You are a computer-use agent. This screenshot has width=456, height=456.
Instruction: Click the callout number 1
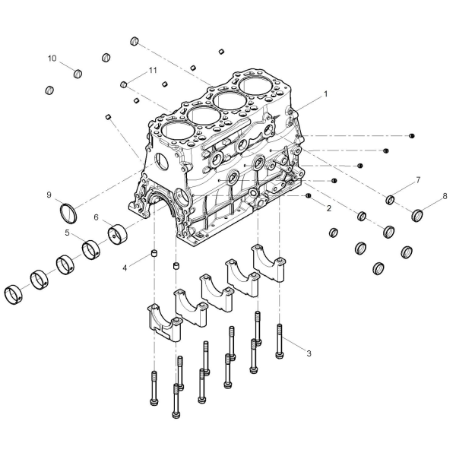tap(326, 94)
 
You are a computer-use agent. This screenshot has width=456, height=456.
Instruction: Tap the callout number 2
tap(329, 208)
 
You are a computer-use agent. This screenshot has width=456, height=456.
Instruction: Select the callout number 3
tap(309, 353)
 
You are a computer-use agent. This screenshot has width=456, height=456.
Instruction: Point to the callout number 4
tap(125, 268)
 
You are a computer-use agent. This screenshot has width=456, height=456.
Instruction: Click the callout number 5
tap(67, 233)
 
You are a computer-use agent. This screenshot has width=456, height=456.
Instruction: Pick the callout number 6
tap(97, 217)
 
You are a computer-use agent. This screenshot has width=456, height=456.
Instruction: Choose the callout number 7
tap(418, 180)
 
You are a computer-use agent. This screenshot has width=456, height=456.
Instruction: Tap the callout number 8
tap(445, 196)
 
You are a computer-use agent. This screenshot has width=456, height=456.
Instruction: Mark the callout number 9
tap(49, 195)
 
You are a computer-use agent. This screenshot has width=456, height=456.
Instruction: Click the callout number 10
tap(52, 59)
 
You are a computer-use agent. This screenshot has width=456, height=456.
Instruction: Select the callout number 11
tap(153, 71)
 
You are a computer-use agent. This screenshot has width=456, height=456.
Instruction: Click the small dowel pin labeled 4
tap(154, 253)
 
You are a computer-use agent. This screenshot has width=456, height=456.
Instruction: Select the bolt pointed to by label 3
tap(279, 341)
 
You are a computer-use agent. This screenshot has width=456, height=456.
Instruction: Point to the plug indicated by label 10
tap(78, 74)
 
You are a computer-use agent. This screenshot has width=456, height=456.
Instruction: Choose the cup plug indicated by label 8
tap(417, 215)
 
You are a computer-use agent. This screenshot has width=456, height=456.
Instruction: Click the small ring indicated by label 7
tap(391, 200)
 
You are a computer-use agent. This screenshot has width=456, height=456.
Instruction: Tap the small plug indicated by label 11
tap(124, 84)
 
